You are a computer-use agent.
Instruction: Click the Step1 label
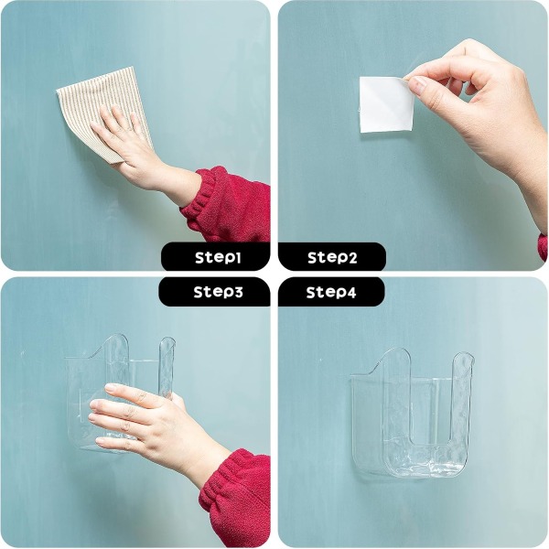click(218, 257)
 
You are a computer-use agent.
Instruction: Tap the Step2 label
click(332, 257)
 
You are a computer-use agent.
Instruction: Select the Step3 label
click(218, 292)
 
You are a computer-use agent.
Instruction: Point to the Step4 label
click(331, 292)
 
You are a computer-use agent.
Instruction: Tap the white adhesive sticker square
click(385, 104)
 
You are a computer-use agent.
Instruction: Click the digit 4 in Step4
click(351, 293)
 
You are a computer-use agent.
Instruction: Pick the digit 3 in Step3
click(237, 292)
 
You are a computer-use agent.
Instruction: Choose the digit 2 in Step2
click(352, 258)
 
